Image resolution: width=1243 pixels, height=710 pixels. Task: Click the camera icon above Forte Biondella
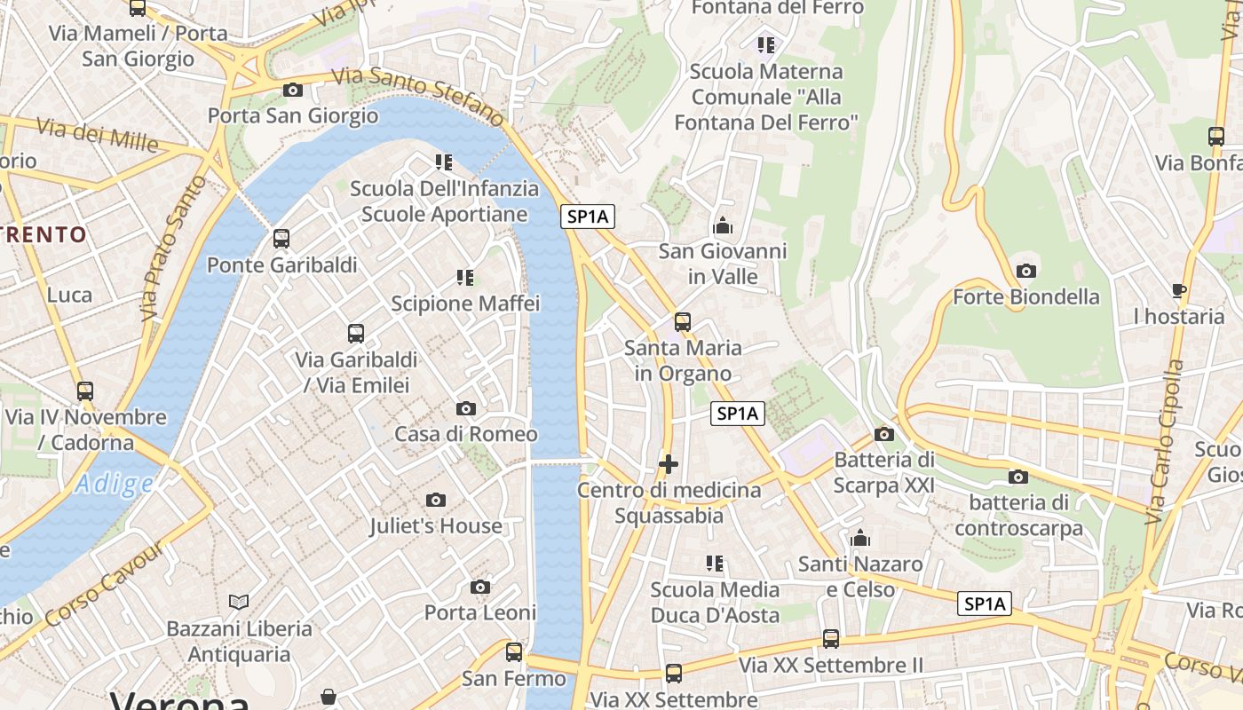click(1026, 271)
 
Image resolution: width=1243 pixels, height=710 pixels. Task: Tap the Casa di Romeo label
click(466, 434)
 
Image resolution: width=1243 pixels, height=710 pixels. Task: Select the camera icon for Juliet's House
click(435, 501)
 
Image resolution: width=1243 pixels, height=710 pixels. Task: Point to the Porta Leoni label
click(480, 612)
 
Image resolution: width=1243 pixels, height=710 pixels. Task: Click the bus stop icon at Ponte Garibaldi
click(281, 239)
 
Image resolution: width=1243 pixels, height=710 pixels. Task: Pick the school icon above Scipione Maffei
click(465, 278)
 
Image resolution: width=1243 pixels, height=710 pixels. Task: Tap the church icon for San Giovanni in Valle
click(723, 226)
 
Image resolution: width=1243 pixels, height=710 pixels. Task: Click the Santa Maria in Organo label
click(683, 360)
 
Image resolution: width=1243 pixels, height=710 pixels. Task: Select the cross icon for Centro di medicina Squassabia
click(669, 464)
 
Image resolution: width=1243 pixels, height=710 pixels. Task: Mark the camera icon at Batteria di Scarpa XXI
click(883, 434)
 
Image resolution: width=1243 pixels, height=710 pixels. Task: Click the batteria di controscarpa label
click(1019, 516)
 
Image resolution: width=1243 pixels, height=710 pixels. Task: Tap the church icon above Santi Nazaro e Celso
click(859, 538)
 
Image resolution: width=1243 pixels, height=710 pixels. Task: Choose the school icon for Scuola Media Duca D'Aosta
click(715, 564)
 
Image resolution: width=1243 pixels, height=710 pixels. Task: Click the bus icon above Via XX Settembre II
click(831, 639)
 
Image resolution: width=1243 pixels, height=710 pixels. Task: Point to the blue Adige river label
click(114, 484)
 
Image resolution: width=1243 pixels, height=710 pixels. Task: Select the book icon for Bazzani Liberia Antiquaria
click(239, 603)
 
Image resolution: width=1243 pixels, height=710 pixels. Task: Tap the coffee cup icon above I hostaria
click(1179, 290)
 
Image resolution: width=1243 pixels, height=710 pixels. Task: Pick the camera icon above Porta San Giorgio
click(293, 90)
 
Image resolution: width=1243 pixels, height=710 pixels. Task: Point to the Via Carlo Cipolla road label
click(1168, 441)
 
